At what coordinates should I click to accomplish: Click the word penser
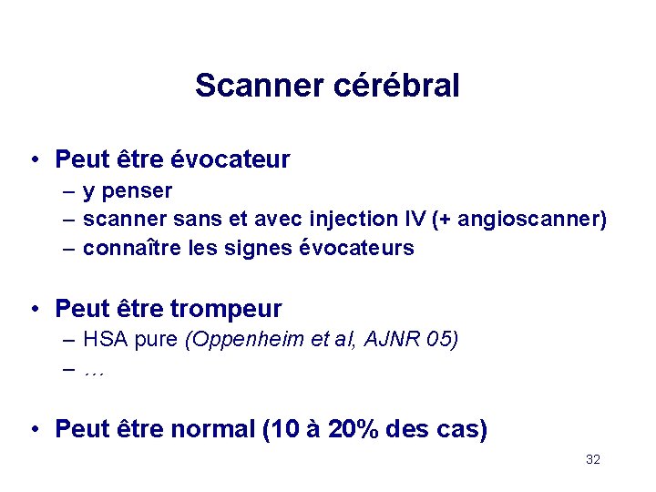pos(138,192)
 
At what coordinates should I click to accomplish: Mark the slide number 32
pos(592,460)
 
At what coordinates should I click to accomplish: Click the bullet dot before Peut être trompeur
pos(33,309)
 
